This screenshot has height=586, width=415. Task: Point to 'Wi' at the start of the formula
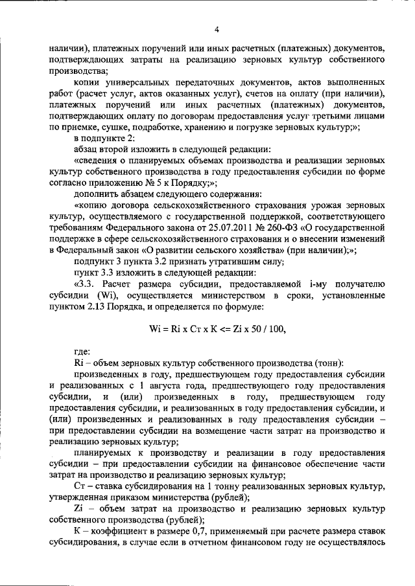pos(155,328)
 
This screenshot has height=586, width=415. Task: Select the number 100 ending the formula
pos(278,328)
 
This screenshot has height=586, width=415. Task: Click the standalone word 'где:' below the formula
pos(82,351)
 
